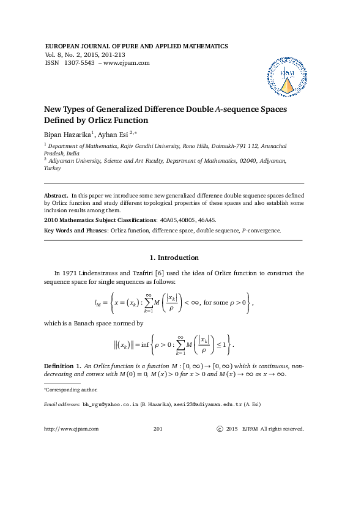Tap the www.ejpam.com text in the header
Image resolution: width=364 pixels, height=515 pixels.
[128, 62]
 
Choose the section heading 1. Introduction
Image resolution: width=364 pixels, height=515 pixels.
[174, 257]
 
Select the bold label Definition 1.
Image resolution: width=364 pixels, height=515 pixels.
[61, 366]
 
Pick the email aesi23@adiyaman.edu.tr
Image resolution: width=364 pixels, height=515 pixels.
[209, 405]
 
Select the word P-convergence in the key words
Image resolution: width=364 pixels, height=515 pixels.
[260, 231]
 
